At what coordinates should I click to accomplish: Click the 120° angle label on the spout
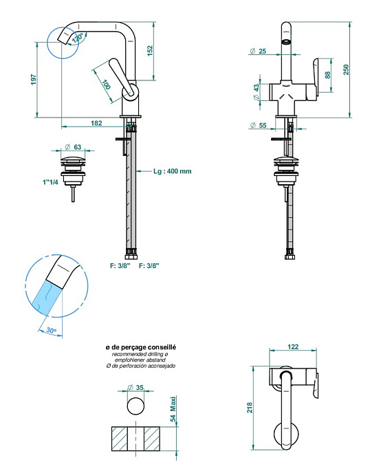click(x=77, y=38)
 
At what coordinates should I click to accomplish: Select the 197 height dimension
click(x=34, y=80)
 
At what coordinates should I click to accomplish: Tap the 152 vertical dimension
click(x=150, y=51)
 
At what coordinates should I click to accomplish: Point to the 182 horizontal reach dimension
click(x=96, y=123)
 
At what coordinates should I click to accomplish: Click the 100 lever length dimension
click(x=107, y=85)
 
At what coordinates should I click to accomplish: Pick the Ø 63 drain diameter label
click(x=73, y=146)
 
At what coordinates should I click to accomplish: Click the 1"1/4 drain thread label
click(x=50, y=181)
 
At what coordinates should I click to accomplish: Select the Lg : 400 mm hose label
click(x=173, y=171)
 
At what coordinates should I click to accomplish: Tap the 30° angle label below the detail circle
click(x=51, y=330)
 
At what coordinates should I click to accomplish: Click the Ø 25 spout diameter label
click(x=258, y=51)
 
